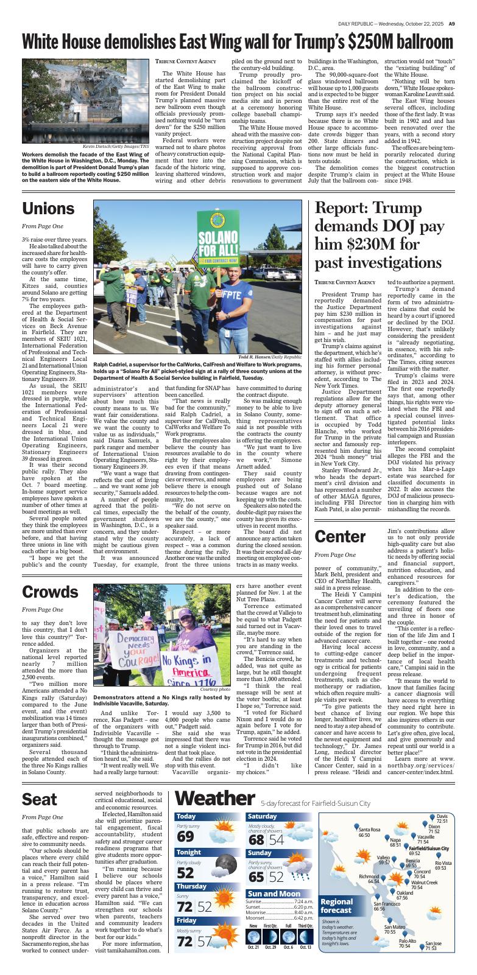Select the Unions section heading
pos(48,209)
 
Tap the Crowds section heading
pos(51,591)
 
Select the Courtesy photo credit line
pos(215,689)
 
